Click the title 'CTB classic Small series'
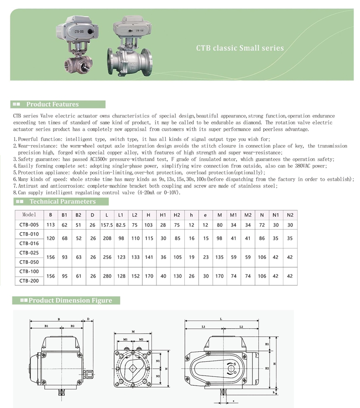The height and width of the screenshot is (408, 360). point(240,48)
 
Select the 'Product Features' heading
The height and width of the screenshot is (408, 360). point(52,104)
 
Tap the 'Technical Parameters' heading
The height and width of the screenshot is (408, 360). point(63,201)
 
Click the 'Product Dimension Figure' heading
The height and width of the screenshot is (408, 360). point(70,301)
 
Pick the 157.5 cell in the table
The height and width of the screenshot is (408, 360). point(106,225)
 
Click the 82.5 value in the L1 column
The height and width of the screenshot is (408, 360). point(121,225)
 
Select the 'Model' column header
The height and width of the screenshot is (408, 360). point(29,215)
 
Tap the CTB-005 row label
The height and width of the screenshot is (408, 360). point(29,225)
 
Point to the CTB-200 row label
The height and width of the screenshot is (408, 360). point(29,280)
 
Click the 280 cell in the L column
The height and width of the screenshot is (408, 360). point(106,276)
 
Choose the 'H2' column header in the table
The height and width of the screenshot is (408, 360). point(177,215)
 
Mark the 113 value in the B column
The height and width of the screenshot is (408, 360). point(50,225)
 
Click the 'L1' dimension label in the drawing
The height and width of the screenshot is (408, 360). point(203,327)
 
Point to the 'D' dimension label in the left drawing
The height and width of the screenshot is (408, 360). point(88,319)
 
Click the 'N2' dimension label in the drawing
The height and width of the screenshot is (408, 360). point(157,376)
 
